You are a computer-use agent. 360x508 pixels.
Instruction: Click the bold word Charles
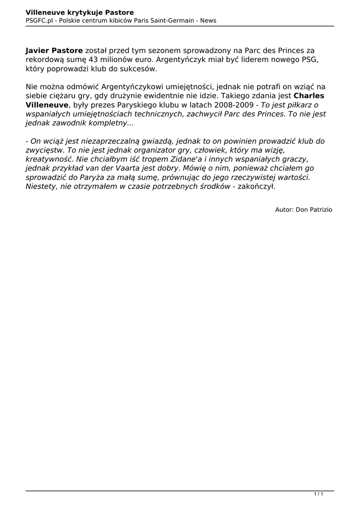click(309, 96)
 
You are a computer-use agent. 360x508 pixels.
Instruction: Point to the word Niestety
click(41, 186)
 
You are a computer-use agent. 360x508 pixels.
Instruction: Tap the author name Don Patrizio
click(314, 210)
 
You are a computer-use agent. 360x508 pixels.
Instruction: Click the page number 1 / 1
click(319, 494)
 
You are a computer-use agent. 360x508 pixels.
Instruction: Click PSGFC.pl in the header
click(39, 20)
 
